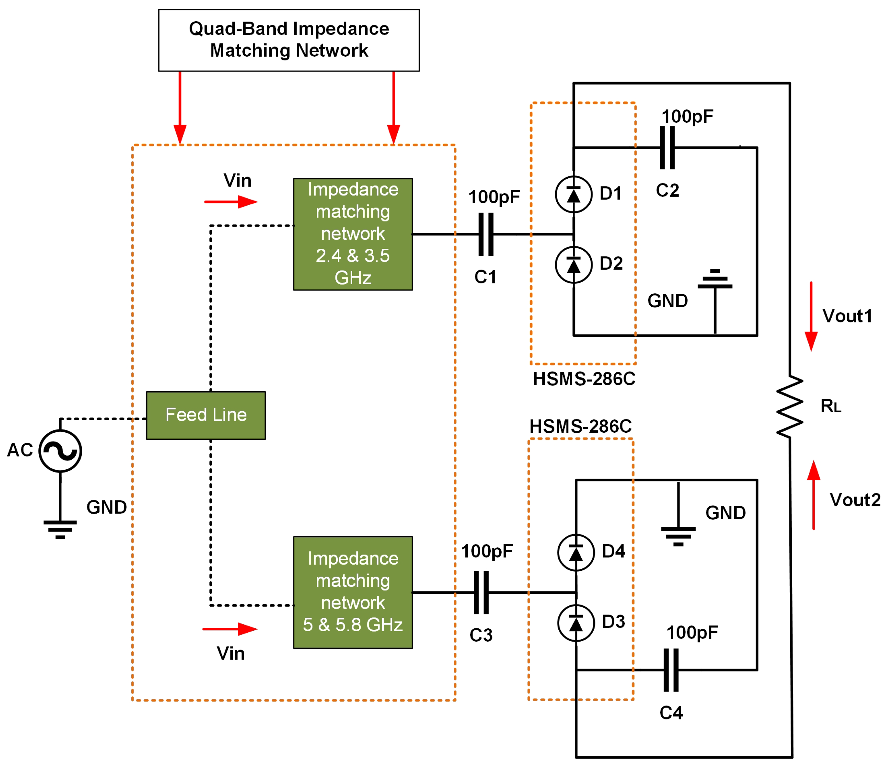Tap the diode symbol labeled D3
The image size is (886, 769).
[576, 623]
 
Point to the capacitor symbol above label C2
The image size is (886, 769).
[667, 148]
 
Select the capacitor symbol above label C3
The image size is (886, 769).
[481, 593]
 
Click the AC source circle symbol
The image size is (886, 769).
[60, 451]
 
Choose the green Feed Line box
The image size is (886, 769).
[206, 415]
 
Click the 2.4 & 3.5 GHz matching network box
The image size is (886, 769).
[353, 234]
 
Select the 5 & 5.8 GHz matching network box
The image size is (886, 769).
[353, 593]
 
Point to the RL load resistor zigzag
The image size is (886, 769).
[789, 407]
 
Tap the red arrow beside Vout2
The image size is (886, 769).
[813, 495]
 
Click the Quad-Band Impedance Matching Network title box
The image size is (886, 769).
[289, 40]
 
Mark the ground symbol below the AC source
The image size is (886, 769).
[60, 529]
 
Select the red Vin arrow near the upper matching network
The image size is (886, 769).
[231, 202]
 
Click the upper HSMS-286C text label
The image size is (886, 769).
[584, 379]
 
